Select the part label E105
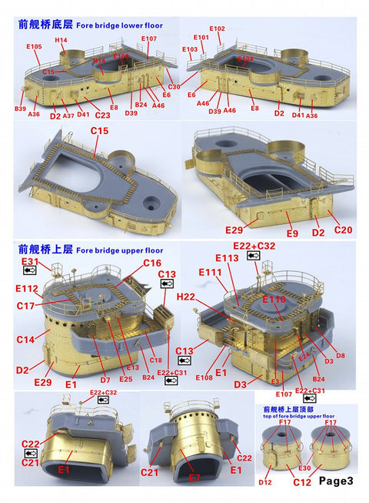click(x=34, y=47)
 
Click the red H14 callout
click(x=61, y=39)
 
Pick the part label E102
click(x=217, y=29)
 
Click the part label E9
click(x=291, y=233)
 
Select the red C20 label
click(x=343, y=230)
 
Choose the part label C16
click(x=152, y=263)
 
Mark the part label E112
click(x=28, y=289)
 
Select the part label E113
click(x=228, y=258)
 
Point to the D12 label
click(x=265, y=483)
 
